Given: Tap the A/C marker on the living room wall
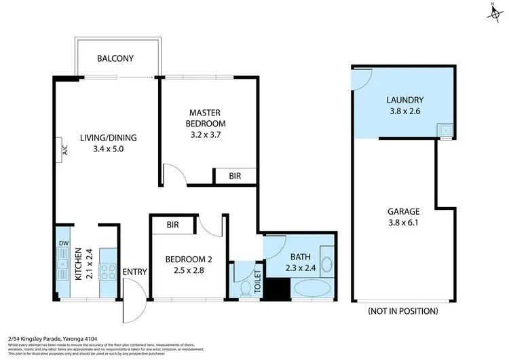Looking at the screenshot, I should (59, 147).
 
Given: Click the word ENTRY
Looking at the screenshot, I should (135, 272).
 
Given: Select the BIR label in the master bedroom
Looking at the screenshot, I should (235, 176).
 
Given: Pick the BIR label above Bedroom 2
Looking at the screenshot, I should (172, 225).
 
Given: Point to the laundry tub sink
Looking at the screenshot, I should (445, 129).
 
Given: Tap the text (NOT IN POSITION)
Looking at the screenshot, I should (402, 311).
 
